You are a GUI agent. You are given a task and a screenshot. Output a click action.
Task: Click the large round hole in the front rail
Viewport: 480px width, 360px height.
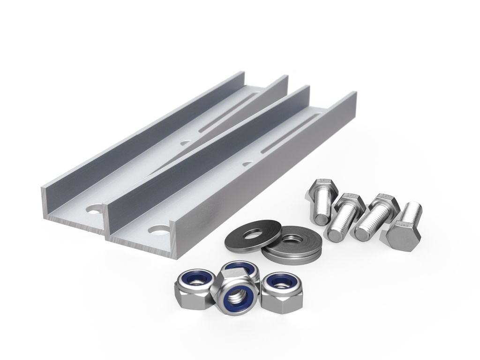[159, 230]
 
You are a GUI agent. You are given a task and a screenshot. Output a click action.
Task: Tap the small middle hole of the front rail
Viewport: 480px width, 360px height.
[247, 164]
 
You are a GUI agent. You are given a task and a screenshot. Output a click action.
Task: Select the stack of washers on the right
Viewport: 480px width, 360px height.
[292, 244]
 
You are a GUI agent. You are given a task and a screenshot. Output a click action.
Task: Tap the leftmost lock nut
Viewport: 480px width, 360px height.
[194, 289]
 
